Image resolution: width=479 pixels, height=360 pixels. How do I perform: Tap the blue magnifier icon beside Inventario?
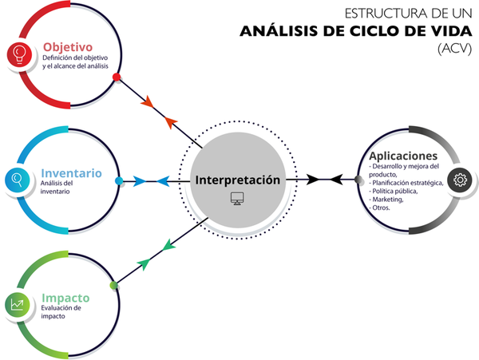(x=16, y=179)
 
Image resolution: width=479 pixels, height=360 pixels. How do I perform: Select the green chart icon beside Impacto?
(x=16, y=304)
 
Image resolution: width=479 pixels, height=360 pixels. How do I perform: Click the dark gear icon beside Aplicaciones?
(x=461, y=180)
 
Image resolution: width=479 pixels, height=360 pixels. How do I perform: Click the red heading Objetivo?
(x=68, y=46)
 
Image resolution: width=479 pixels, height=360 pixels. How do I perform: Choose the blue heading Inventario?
(x=71, y=172)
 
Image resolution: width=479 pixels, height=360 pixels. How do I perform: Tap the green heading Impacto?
(x=65, y=298)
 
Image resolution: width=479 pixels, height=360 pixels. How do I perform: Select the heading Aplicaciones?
(x=403, y=155)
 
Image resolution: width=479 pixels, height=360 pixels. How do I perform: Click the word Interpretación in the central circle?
(x=237, y=180)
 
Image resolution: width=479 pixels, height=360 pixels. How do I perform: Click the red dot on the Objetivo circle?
(x=117, y=77)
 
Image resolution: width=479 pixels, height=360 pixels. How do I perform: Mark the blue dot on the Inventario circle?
(x=119, y=181)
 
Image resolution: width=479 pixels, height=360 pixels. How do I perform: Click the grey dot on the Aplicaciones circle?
(x=358, y=180)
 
